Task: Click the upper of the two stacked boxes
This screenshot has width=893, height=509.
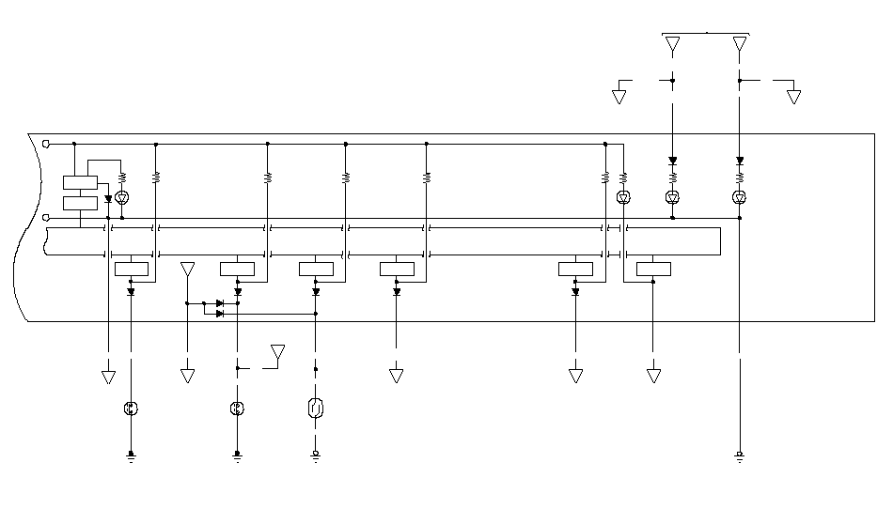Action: (80, 182)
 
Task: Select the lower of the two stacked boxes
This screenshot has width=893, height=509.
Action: (80, 203)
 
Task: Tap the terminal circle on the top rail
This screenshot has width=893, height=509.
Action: (46, 144)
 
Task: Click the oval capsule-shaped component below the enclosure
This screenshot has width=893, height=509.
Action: (316, 409)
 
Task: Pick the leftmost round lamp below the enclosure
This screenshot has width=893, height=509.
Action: (131, 409)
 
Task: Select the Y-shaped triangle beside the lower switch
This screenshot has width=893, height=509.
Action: (277, 352)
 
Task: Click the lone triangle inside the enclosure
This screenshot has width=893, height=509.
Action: (187, 270)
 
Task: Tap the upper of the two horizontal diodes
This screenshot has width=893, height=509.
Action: (220, 303)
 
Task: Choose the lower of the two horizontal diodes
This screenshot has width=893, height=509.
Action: (220, 314)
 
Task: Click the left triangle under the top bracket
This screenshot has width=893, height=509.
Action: (672, 44)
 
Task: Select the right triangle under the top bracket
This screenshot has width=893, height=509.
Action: (740, 44)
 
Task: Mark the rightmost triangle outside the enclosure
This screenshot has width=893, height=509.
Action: (793, 96)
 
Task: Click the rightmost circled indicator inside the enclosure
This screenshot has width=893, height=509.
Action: (739, 197)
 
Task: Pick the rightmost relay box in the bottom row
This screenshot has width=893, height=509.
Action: (653, 270)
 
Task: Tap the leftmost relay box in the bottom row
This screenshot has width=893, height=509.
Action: (131, 270)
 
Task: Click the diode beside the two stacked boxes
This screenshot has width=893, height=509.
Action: (109, 199)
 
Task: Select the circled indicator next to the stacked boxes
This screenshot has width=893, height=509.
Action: (121, 197)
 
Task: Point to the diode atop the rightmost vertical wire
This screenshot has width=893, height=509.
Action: (740, 161)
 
